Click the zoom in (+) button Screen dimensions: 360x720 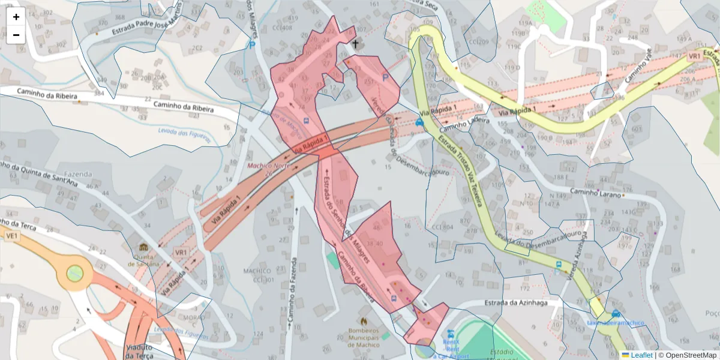click(x=16, y=17)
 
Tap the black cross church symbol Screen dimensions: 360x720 click(x=355, y=44)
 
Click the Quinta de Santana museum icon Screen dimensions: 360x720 click(x=143, y=247)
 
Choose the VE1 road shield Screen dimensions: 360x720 click(x=11, y=236)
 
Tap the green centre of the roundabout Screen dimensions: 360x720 click(x=74, y=274)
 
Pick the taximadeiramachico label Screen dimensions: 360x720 click(x=616, y=323)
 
